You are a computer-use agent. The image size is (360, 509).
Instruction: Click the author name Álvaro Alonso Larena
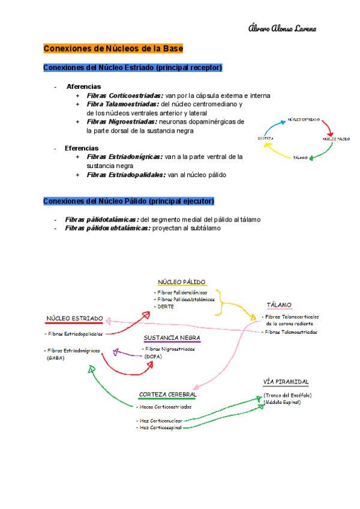281,29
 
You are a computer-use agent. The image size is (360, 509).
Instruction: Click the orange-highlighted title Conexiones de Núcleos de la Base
113,48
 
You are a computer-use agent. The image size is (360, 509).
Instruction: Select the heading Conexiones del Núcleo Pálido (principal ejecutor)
128,200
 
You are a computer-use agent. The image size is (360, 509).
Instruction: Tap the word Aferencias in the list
83,86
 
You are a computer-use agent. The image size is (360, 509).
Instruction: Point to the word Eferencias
82,148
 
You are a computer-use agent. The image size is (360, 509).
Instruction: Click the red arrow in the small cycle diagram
327,127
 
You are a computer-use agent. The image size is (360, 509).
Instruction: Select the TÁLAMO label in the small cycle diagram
301,158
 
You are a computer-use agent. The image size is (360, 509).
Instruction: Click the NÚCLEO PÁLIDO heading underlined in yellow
182,282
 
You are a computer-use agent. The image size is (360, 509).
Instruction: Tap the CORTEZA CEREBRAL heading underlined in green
167,394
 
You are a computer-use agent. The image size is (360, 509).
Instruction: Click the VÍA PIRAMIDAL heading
286,382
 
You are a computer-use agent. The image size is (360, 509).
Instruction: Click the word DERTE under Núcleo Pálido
162,306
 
